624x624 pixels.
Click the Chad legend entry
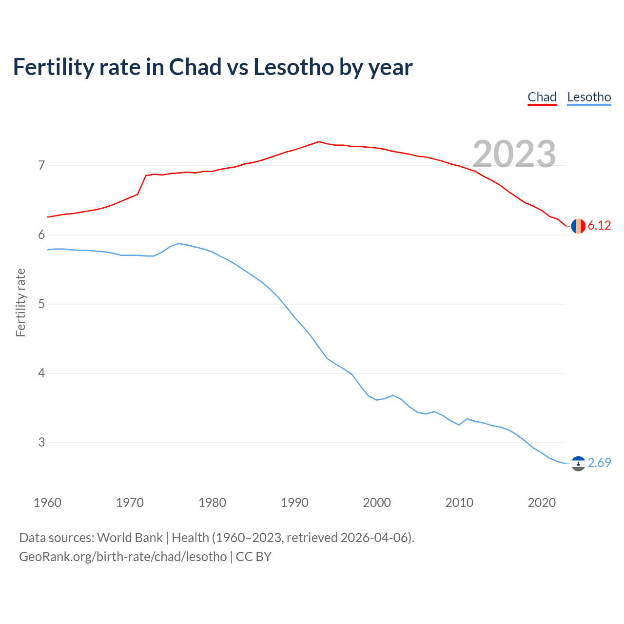(542, 97)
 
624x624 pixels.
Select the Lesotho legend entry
(589, 97)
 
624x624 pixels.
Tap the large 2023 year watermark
(514, 154)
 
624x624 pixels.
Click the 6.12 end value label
(599, 225)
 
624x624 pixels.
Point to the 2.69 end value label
(599, 463)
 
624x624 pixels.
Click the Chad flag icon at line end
(578, 226)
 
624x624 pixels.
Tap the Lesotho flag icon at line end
(578, 463)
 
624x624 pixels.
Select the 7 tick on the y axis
(41, 165)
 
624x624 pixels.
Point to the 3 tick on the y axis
(41, 442)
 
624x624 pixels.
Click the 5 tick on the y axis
(41, 304)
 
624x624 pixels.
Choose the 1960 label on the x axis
(47, 503)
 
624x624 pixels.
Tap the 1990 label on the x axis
(294, 503)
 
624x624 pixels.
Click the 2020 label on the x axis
(542, 503)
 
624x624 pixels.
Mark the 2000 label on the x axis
(377, 503)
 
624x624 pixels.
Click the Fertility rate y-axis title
(20, 302)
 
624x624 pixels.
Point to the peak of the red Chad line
(319, 141)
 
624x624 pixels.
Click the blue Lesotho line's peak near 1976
(179, 243)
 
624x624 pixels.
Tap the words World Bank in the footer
(130, 538)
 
